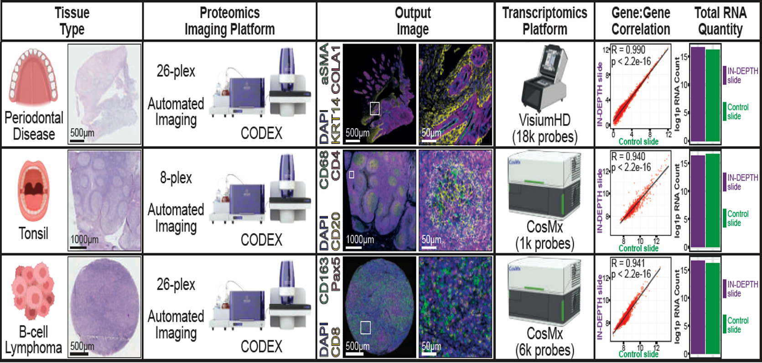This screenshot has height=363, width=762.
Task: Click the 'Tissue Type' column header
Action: pyautogui.click(x=72, y=21)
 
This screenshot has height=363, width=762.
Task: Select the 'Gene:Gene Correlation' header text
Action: pyautogui.click(x=640, y=21)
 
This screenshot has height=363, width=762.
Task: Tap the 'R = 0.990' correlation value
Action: pyautogui.click(x=628, y=50)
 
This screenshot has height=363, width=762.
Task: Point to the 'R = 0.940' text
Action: pyautogui.click(x=628, y=157)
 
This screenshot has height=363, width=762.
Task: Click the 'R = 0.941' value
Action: pyautogui.click(x=628, y=264)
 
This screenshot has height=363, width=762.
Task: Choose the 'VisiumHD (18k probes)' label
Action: pyautogui.click(x=544, y=128)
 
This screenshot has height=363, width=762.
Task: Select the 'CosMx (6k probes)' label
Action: pyautogui.click(x=544, y=342)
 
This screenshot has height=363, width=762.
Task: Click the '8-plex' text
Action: pyautogui.click(x=176, y=177)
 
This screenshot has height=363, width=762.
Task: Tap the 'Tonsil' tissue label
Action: pyautogui.click(x=33, y=233)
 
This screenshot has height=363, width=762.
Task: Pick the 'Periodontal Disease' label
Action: pyautogui.click(x=34, y=126)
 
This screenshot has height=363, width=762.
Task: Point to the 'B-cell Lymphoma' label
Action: pyautogui.click(x=33, y=340)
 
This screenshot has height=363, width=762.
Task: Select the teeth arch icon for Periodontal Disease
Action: pyautogui.click(x=33, y=78)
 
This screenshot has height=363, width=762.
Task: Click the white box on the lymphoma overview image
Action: pyautogui.click(x=365, y=327)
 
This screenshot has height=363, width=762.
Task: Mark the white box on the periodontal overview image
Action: pyautogui.click(x=374, y=109)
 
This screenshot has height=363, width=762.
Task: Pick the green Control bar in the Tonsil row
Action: pyautogui.click(x=713, y=201)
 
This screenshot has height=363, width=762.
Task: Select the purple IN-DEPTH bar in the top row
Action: pyautogui.click(x=698, y=94)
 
